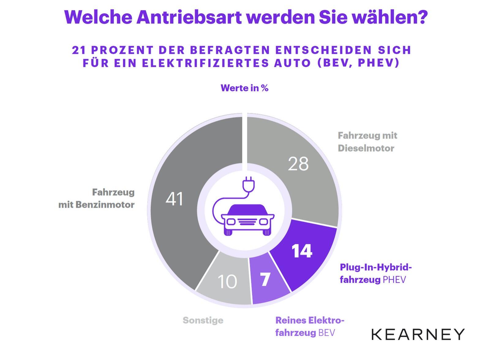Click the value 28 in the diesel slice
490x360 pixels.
pyautogui.click(x=298, y=164)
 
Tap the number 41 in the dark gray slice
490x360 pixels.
pyautogui.click(x=174, y=199)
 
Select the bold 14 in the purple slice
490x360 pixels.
pyautogui.click(x=302, y=251)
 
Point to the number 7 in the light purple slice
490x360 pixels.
pyautogui.click(x=265, y=279)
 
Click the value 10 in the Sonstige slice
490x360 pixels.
pyautogui.click(x=227, y=282)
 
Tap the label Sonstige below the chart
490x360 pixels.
pyautogui.click(x=203, y=320)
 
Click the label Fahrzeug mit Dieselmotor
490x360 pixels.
pyautogui.click(x=367, y=142)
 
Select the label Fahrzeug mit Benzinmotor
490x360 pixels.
pyautogui.click(x=97, y=199)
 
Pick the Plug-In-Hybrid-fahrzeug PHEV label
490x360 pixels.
pyautogui.click(x=375, y=273)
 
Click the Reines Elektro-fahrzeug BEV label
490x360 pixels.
pyautogui.click(x=310, y=326)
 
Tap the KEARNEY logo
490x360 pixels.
pyautogui.click(x=418, y=334)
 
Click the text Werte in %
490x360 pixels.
pyautogui.click(x=244, y=88)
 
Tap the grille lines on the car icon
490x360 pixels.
pyautogui.click(x=248, y=222)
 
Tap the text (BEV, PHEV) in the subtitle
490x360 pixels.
pyautogui.click(x=358, y=63)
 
